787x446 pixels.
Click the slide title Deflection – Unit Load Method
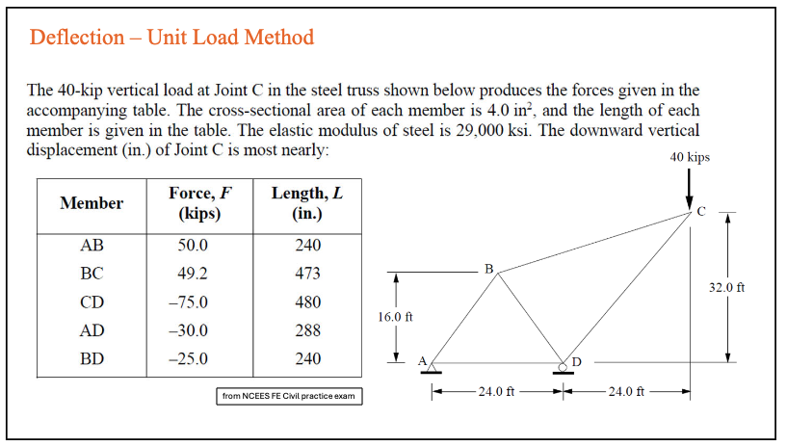[171, 38]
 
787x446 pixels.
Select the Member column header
[92, 203]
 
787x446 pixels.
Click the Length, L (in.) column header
[307, 203]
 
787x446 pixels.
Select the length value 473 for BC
[307, 274]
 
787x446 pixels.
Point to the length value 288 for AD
[307, 331]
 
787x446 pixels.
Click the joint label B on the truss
[489, 268]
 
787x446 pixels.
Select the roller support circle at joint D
[563, 363]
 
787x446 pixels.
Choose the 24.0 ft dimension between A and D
[497, 392]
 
